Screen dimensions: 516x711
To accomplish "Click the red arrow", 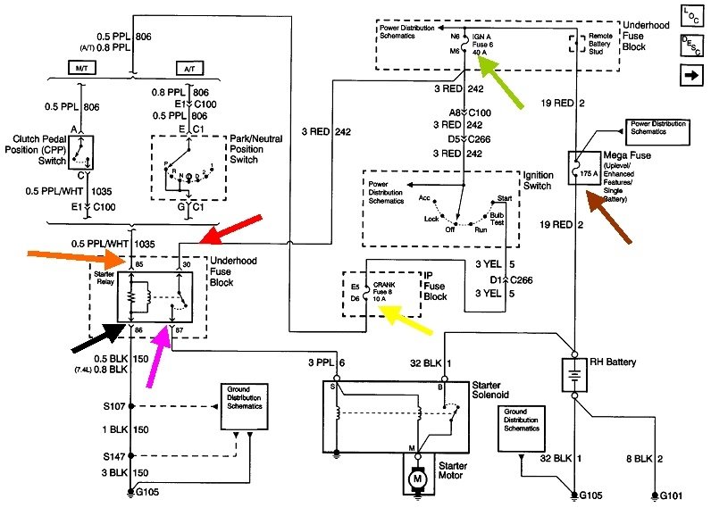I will (230, 229).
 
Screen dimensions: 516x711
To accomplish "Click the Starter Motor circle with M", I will (414, 479).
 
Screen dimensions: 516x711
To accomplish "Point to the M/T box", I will (80, 68).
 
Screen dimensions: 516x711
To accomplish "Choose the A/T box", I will (188, 68).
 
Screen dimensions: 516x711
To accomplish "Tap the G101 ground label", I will (674, 494).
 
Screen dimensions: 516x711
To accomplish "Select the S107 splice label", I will (111, 405).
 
